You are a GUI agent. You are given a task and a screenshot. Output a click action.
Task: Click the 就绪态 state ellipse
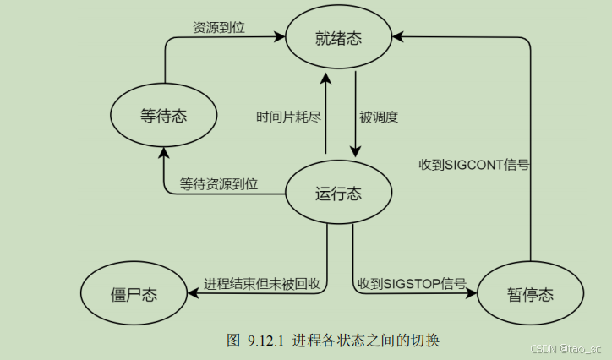click(339, 37)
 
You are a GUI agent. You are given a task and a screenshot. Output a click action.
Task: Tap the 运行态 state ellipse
click(338, 194)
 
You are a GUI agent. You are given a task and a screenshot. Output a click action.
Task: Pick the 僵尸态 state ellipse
click(134, 294)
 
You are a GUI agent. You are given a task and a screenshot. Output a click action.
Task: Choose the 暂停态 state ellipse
click(530, 294)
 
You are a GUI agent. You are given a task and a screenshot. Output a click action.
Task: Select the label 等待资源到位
click(219, 183)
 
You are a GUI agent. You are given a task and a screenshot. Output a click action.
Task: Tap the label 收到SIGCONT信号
click(474, 164)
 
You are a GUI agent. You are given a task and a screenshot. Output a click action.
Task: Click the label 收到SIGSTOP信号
click(412, 284)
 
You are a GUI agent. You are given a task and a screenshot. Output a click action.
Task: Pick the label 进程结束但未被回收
click(261, 284)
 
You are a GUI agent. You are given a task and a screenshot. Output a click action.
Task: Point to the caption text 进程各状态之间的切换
click(366, 341)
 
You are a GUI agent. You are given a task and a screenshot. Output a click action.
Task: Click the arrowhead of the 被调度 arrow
click(356, 153)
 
